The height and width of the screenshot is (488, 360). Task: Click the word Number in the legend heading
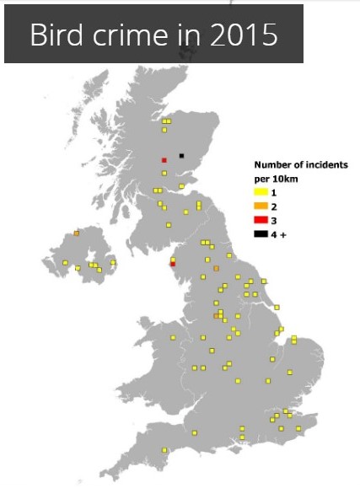pos(273,165)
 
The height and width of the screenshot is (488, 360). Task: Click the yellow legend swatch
pos(261,194)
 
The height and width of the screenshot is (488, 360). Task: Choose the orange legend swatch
pos(261,206)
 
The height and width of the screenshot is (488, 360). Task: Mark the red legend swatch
pos(261,219)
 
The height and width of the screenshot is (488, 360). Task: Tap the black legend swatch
pos(261,232)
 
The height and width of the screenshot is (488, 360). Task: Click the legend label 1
pos(274,194)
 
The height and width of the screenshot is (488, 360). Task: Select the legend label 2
pos(274,206)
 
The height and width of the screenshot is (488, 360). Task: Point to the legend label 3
pos(274,219)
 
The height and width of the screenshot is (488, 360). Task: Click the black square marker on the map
pos(181,156)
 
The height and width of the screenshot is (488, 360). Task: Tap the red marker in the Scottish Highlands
pos(164,159)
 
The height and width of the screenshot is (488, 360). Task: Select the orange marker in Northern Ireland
pos(76,233)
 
